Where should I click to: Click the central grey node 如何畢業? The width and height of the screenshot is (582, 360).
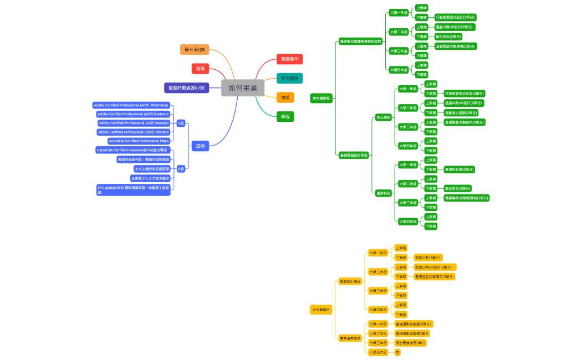pos(243,88)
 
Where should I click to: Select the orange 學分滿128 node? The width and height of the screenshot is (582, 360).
pos(195,50)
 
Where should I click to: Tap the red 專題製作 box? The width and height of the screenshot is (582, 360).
pos(289,59)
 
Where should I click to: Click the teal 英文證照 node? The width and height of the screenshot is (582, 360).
pos(289,79)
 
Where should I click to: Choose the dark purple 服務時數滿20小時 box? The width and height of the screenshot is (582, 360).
pos(186,88)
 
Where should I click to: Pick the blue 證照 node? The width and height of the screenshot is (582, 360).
pos(200,146)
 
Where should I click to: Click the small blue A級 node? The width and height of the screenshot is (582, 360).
pos(181,123)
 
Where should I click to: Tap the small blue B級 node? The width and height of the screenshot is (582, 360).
pos(181,169)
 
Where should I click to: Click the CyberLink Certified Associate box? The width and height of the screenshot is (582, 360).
pos(132,150)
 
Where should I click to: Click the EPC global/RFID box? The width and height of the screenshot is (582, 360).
pos(134,190)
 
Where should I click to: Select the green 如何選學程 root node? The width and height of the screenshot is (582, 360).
pos(321,98)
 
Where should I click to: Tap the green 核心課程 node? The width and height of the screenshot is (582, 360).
pos(384,117)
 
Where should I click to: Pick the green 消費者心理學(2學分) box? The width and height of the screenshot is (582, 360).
pos(461,112)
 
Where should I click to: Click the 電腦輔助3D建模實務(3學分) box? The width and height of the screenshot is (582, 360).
pos(466,198)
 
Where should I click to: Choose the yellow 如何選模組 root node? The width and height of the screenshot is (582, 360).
pos(321,310)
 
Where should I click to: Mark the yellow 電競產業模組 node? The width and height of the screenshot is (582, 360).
pos(350,338)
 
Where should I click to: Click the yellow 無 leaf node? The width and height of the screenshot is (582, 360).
pos(397,352)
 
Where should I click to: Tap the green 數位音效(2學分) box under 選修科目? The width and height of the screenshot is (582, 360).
pos(457,188)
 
